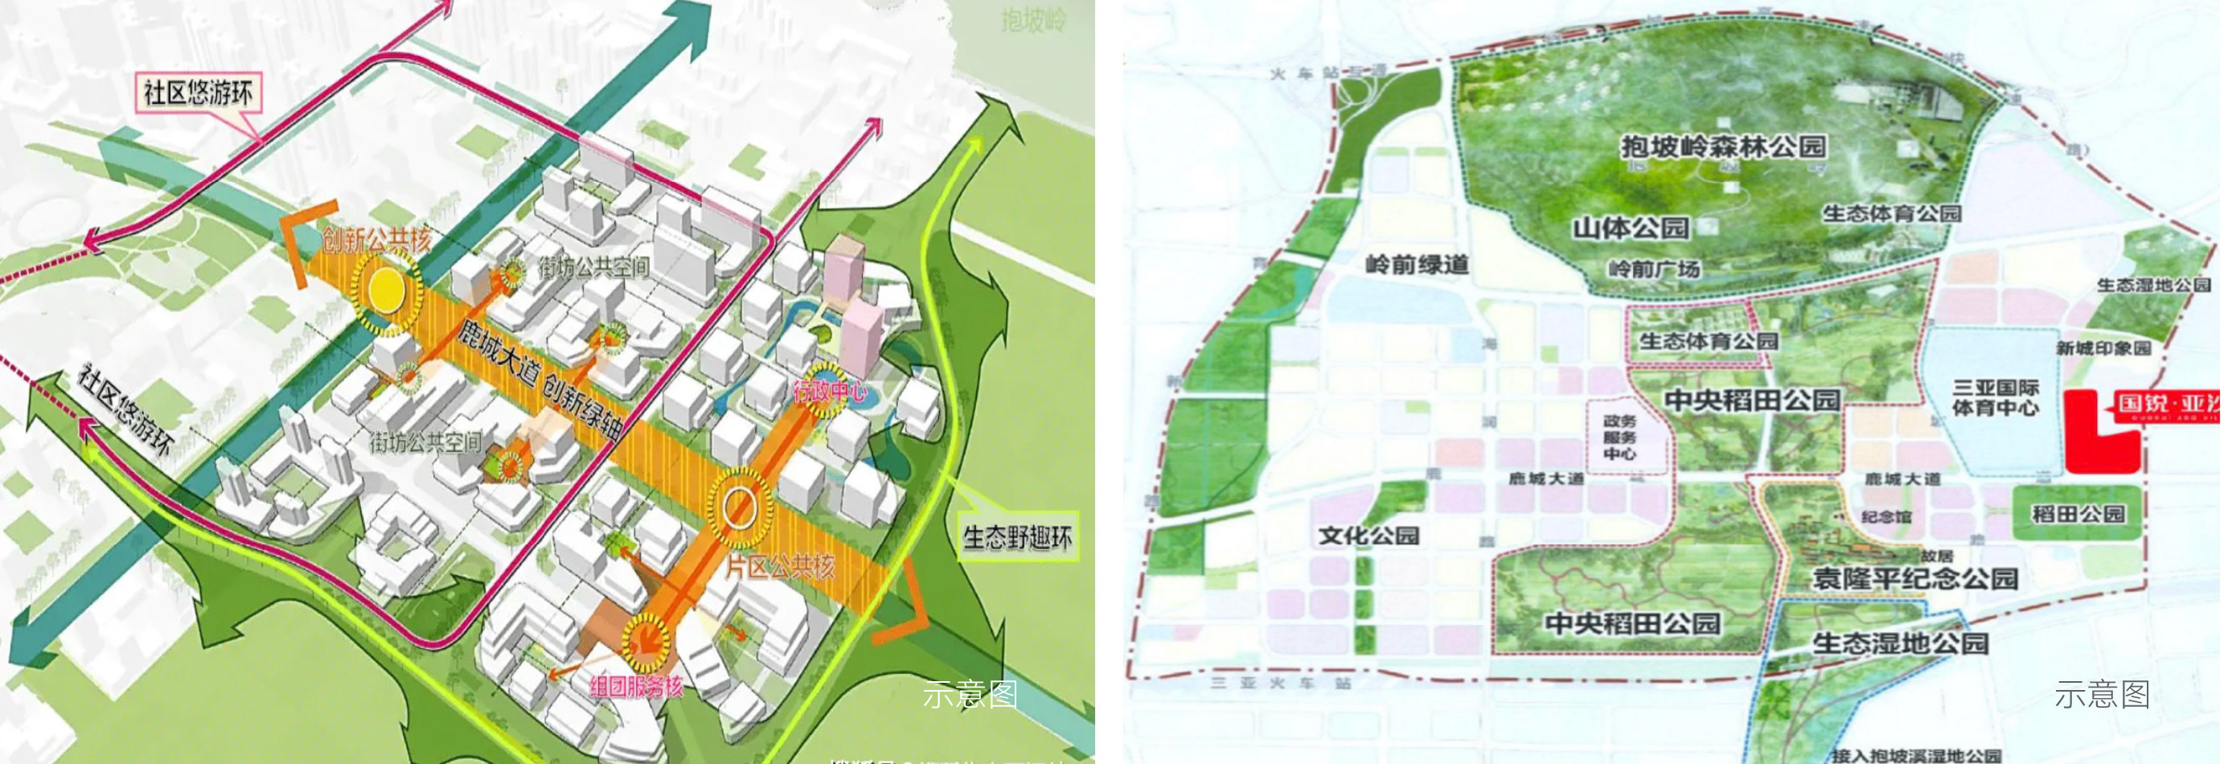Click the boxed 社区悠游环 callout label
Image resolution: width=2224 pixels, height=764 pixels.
(198, 92)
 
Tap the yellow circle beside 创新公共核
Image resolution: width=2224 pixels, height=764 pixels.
(386, 290)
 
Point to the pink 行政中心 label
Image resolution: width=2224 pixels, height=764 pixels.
(830, 391)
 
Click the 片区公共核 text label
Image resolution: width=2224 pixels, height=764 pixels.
(780, 567)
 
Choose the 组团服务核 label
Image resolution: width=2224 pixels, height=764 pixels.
(636, 686)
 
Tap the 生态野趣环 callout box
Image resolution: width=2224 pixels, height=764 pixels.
(1017, 538)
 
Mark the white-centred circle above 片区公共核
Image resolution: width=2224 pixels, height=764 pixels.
(739, 507)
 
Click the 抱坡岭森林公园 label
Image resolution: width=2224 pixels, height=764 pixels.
(1723, 146)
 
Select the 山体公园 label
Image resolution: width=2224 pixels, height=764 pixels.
(1630, 228)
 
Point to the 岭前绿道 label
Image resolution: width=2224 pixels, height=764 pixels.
(1417, 264)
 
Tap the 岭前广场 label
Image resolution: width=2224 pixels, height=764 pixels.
(1653, 269)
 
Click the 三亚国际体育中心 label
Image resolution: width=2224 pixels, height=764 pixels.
(1995, 398)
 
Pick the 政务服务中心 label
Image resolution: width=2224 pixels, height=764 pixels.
(1619, 437)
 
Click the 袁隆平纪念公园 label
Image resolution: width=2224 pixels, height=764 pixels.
(1915, 577)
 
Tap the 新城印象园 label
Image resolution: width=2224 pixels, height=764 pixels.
(2103, 348)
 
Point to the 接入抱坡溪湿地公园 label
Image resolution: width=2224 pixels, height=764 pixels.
(1916, 755)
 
